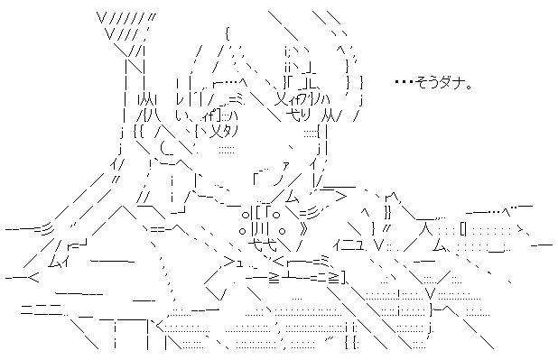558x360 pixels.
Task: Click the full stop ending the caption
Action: [x=469, y=87]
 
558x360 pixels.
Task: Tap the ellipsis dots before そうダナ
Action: [x=405, y=82]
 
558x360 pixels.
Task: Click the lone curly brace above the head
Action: [x=228, y=35]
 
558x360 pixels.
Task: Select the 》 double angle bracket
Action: [x=303, y=230]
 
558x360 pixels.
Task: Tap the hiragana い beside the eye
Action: [x=180, y=115]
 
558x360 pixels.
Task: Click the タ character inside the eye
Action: [x=228, y=133]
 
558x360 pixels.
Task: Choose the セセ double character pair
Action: [x=262, y=245]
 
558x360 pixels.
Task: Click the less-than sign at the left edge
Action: [x=33, y=278]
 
